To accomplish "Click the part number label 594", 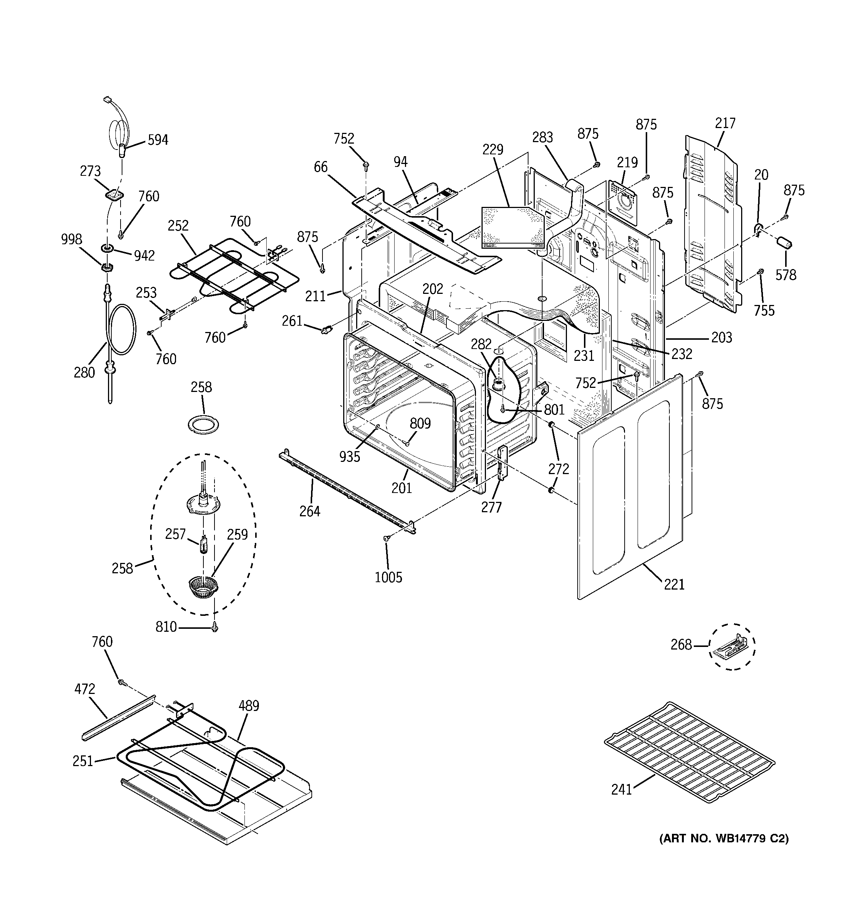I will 158,140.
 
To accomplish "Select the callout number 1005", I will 388,577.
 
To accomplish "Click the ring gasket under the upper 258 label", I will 203,423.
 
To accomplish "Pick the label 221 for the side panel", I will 674,585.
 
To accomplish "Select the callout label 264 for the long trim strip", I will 310,511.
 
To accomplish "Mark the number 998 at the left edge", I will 71,239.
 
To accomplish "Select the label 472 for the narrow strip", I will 85,689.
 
